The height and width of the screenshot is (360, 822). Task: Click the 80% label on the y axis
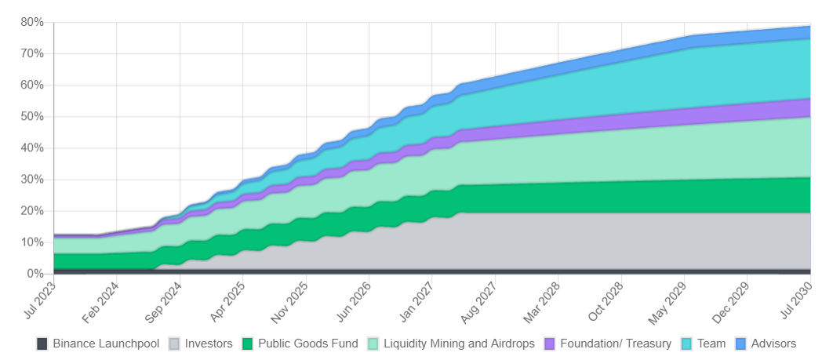pyautogui.click(x=31, y=23)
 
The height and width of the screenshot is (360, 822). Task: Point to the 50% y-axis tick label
pyautogui.click(x=31, y=117)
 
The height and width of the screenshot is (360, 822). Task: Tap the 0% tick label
pyautogui.click(x=35, y=274)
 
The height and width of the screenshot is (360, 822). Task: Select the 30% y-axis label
pyautogui.click(x=31, y=180)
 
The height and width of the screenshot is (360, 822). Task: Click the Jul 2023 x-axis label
pyautogui.click(x=40, y=301)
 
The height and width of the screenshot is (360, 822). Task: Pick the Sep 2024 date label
pyautogui.click(x=165, y=301)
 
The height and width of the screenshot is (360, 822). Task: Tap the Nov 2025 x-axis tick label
pyautogui.click(x=291, y=301)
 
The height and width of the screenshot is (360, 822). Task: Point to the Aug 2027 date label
pyautogui.click(x=480, y=301)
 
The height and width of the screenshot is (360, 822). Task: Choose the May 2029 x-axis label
pyautogui.click(x=669, y=301)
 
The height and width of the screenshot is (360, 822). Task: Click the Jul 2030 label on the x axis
pyautogui.click(x=796, y=301)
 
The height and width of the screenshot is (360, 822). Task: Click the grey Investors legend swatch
pyautogui.click(x=175, y=344)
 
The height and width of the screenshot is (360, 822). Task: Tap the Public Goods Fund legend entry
pyautogui.click(x=300, y=344)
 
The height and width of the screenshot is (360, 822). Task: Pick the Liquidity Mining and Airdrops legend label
pyautogui.click(x=459, y=344)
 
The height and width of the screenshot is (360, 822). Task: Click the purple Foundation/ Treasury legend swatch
pyautogui.click(x=550, y=344)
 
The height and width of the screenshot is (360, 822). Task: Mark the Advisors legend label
pyautogui.click(x=773, y=344)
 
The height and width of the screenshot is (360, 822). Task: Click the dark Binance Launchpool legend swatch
pyautogui.click(x=42, y=344)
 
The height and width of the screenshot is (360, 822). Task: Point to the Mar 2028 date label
pyautogui.click(x=543, y=301)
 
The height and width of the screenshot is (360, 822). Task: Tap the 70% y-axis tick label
pyautogui.click(x=31, y=54)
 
